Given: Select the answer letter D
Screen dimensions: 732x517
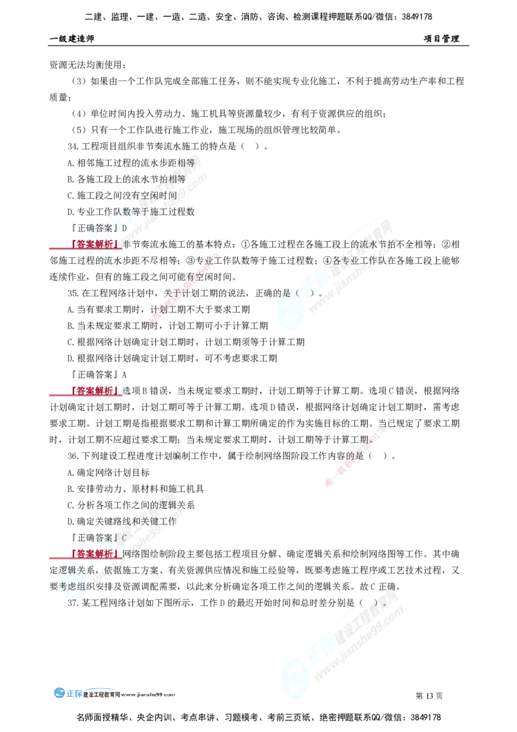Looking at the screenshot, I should [125, 228].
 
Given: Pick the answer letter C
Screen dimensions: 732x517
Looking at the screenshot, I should [125, 538].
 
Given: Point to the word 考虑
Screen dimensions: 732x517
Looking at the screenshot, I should [67, 586].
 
